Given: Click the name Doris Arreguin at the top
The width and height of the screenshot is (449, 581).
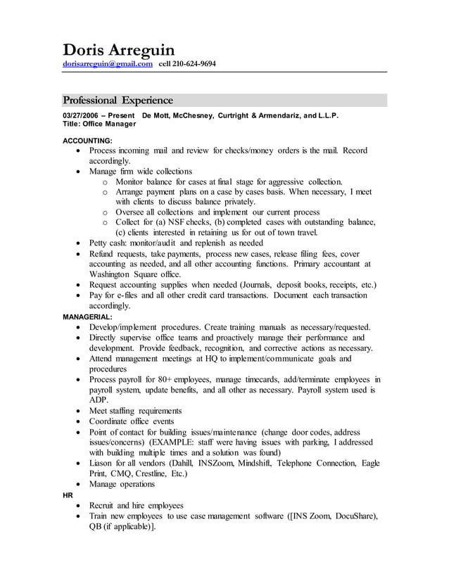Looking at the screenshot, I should coord(118,50).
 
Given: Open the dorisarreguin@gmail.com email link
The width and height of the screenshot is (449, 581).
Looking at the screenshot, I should coord(108,64).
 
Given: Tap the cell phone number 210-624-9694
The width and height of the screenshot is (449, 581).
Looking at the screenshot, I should coord(194,64).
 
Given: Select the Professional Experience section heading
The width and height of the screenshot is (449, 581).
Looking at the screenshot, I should coord(118,100).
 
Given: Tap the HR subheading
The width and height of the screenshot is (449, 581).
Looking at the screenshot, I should coord(68,494).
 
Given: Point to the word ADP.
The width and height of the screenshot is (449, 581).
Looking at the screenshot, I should coord(99,400).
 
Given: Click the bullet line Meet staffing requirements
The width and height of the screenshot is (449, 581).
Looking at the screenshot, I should coord(135,411).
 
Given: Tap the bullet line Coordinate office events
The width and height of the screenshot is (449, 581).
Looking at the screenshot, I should coord(131,421).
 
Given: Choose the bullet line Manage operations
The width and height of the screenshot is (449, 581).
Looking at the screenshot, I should coord(122,484).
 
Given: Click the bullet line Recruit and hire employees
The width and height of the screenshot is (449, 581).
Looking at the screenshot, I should coord(136,505).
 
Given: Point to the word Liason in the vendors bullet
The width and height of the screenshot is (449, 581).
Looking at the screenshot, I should coord(102,463).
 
